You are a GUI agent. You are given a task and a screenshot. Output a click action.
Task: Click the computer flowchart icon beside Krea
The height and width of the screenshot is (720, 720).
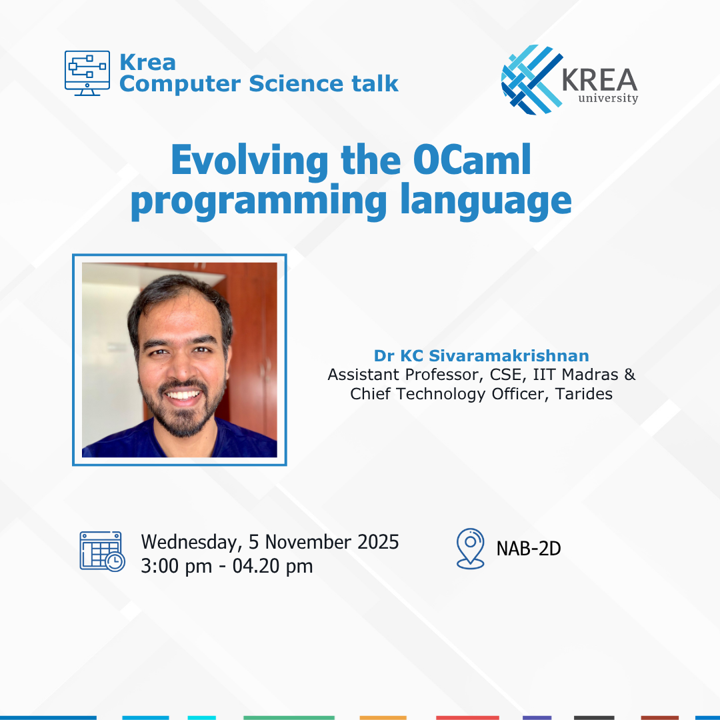point(87,73)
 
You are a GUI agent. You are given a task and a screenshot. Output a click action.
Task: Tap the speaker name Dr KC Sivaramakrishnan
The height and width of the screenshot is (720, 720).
point(481,355)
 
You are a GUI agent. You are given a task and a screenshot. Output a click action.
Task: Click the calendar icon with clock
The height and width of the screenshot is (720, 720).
point(101,551)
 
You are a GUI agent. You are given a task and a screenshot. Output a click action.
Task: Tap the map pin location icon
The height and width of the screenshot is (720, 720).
point(470,548)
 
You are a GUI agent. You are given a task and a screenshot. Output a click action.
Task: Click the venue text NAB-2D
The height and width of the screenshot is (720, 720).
point(529,549)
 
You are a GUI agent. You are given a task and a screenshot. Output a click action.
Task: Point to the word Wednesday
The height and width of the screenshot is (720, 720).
point(188,542)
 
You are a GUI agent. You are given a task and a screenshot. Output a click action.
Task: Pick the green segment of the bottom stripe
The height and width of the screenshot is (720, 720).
point(288,717)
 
